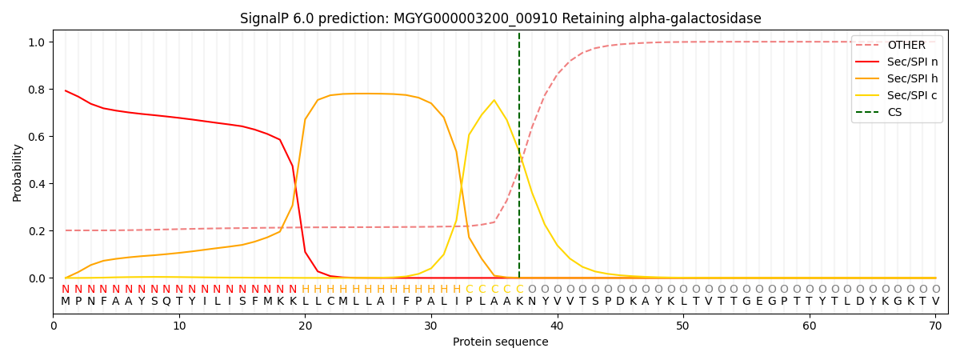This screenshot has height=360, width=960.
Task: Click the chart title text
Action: click(x=500, y=18)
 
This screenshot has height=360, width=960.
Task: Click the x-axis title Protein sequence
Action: click(x=500, y=342)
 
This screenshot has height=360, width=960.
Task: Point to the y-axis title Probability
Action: click(x=18, y=172)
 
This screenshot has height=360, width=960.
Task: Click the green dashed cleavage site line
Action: click(x=519, y=200)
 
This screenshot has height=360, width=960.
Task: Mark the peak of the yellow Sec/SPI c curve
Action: click(x=494, y=101)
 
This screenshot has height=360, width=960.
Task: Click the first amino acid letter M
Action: click(x=66, y=302)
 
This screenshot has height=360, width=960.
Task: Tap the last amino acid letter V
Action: click(x=935, y=302)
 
